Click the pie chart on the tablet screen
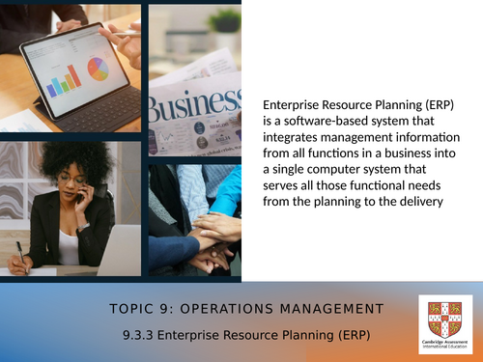pyautogui.click(x=98, y=69)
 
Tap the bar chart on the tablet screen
pyautogui.click(x=65, y=82)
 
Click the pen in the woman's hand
pyautogui.click(x=20, y=249)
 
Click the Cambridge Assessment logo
pyautogui.click(x=445, y=323)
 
